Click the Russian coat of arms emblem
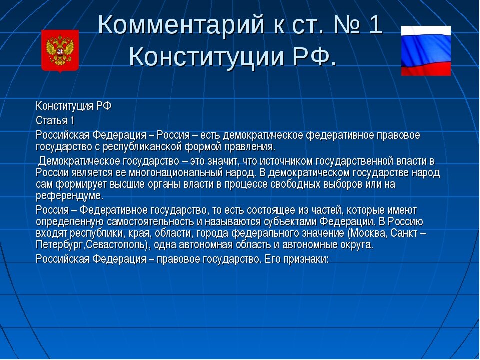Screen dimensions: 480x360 [60, 51]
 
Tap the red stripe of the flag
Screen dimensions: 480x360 [426, 68]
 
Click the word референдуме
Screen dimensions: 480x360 [69, 196]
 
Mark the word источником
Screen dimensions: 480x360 [285, 161]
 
